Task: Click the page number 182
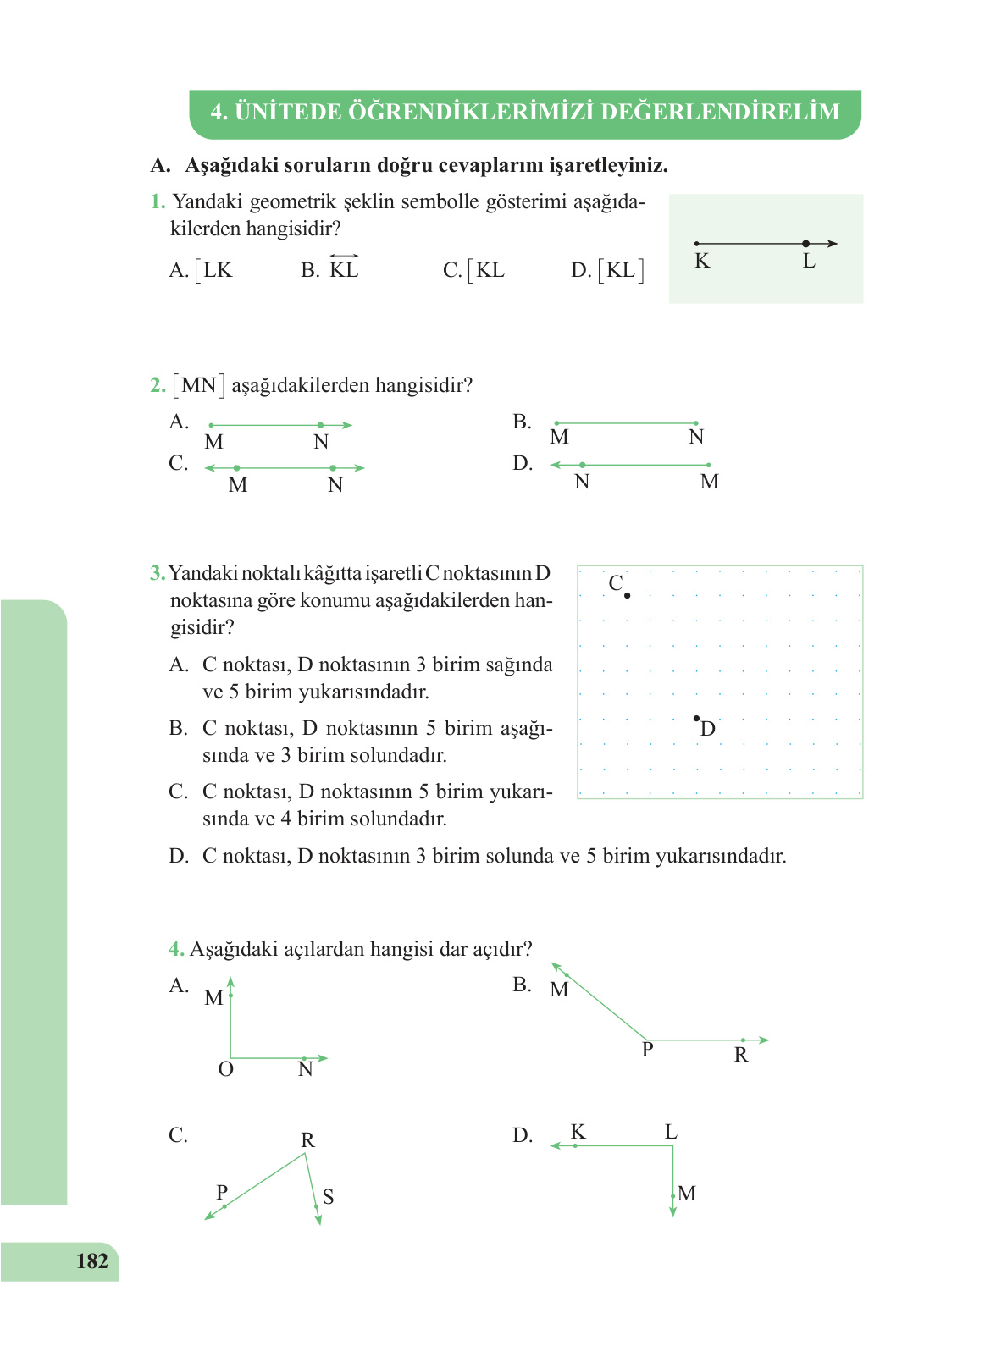pos(91,1261)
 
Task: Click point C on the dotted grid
pos(627,596)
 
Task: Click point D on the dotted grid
pos(696,719)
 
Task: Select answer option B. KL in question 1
pos(332,270)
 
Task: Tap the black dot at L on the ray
pos(805,244)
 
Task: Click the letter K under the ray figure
pos(702,262)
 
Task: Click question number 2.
pos(158,386)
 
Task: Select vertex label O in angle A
pos(225,1070)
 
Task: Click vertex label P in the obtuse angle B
pos(647,1051)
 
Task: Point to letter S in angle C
pos(328,1197)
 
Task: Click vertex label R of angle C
pos(307,1140)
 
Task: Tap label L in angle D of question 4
pos(670,1133)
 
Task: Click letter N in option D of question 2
pos(581,483)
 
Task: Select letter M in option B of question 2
pos(559,438)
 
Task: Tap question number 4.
pos(176,949)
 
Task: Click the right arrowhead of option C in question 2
pos(361,468)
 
